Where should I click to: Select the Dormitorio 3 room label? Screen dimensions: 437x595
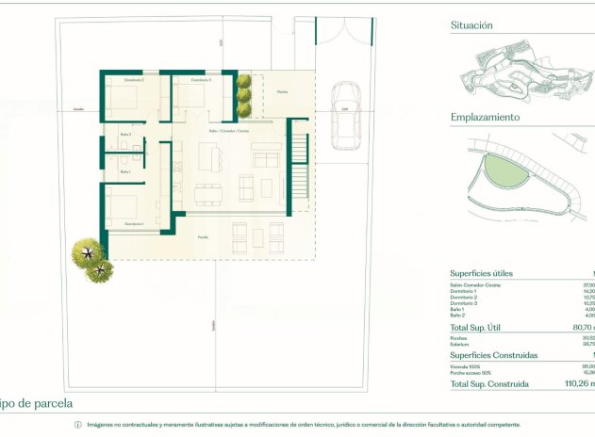200,81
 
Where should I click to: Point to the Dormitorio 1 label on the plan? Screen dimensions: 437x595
134,223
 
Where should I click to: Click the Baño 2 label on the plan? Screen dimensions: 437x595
124,135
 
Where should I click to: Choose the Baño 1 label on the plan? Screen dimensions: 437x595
124,171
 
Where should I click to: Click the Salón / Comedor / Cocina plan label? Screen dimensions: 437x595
229,130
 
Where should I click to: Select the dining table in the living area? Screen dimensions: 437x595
209,192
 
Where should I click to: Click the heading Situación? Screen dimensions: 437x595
471,27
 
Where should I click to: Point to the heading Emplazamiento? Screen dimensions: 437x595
485,118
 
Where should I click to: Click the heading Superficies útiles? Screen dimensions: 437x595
482,273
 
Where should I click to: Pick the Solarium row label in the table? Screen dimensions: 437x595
461,344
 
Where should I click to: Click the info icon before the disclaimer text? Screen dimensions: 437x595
78,425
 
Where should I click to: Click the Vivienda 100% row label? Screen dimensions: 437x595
465,366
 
